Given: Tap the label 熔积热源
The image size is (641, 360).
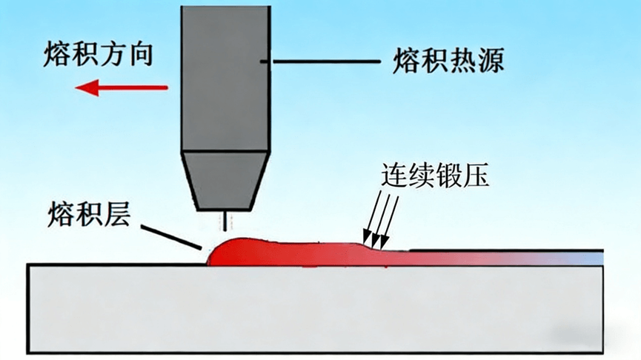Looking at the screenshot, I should coord(448,59).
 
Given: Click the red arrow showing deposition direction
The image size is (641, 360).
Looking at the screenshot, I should coord(122,89).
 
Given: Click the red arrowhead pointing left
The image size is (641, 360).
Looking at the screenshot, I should coord(86,89).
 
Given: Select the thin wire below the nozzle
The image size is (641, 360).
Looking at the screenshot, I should coord(223,220).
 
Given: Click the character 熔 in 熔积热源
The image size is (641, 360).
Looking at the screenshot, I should coord(406,59).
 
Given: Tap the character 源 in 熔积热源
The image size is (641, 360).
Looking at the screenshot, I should coord(490,59).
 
